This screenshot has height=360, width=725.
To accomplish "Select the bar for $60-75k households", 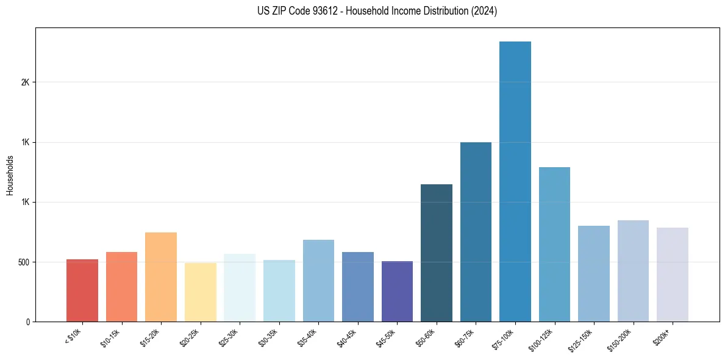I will (476, 232).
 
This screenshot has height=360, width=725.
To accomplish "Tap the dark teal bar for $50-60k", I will (437, 253).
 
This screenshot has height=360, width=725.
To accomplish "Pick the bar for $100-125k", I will (554, 244).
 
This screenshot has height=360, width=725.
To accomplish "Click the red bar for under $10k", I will (82, 290).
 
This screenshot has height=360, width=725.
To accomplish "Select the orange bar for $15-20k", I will (161, 277).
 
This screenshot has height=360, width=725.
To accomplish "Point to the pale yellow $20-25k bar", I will (201, 292).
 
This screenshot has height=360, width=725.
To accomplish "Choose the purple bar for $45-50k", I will (397, 291).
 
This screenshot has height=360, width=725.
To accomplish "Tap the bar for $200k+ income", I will (672, 275).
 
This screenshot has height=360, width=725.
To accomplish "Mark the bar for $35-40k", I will (318, 281).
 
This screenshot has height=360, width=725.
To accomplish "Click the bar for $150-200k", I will (633, 271).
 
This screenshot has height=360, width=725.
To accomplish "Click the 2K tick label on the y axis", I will (24, 82).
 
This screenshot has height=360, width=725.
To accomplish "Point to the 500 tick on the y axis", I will (23, 262).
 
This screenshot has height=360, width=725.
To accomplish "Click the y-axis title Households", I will (10, 175).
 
